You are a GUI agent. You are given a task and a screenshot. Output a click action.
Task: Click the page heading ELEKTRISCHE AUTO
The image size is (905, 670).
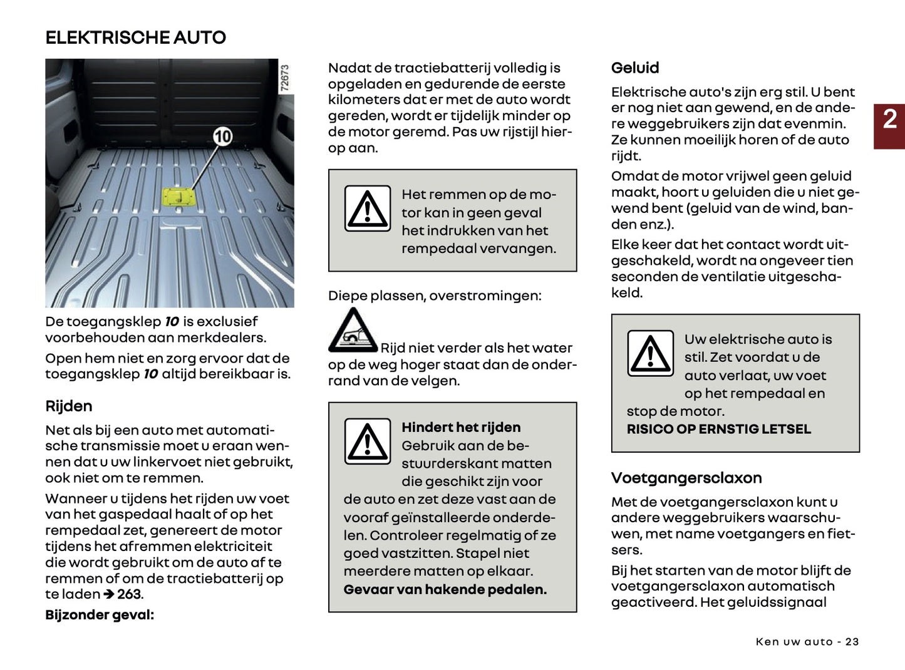point(135,38)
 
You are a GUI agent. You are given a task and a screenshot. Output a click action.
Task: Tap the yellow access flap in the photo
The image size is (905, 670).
point(179,197)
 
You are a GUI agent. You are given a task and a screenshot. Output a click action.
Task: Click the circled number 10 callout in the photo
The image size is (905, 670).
point(222,137)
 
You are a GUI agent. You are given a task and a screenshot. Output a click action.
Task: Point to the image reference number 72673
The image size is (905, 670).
point(285,78)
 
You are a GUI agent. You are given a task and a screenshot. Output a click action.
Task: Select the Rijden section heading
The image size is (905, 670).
point(69,406)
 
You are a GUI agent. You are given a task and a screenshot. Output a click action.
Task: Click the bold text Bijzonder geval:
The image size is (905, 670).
point(100,615)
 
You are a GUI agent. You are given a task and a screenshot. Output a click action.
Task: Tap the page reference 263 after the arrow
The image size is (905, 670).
point(130,594)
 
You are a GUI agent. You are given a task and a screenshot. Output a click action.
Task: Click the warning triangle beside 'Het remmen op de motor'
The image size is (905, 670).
point(368,209)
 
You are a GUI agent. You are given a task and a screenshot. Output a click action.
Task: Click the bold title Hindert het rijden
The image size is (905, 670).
point(461,428)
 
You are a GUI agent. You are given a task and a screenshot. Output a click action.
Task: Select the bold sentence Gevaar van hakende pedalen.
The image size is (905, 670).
point(445,590)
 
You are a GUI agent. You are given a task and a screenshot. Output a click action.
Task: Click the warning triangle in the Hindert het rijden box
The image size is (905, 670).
point(368,441)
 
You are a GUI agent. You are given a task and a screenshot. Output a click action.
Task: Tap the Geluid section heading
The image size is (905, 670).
point(635,68)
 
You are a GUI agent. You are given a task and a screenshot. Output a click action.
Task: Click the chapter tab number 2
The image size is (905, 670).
point(889,120)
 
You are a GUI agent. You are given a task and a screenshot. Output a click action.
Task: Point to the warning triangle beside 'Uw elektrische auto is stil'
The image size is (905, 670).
point(651,354)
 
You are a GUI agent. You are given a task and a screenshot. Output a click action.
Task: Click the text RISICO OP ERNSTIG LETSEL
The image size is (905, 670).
point(718,430)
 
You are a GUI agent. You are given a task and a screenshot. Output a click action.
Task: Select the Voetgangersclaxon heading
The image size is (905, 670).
point(686,478)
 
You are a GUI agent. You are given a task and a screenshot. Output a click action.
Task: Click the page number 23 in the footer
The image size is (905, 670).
point(852,642)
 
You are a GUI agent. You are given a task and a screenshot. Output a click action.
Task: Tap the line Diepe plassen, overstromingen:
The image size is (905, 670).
point(435,296)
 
